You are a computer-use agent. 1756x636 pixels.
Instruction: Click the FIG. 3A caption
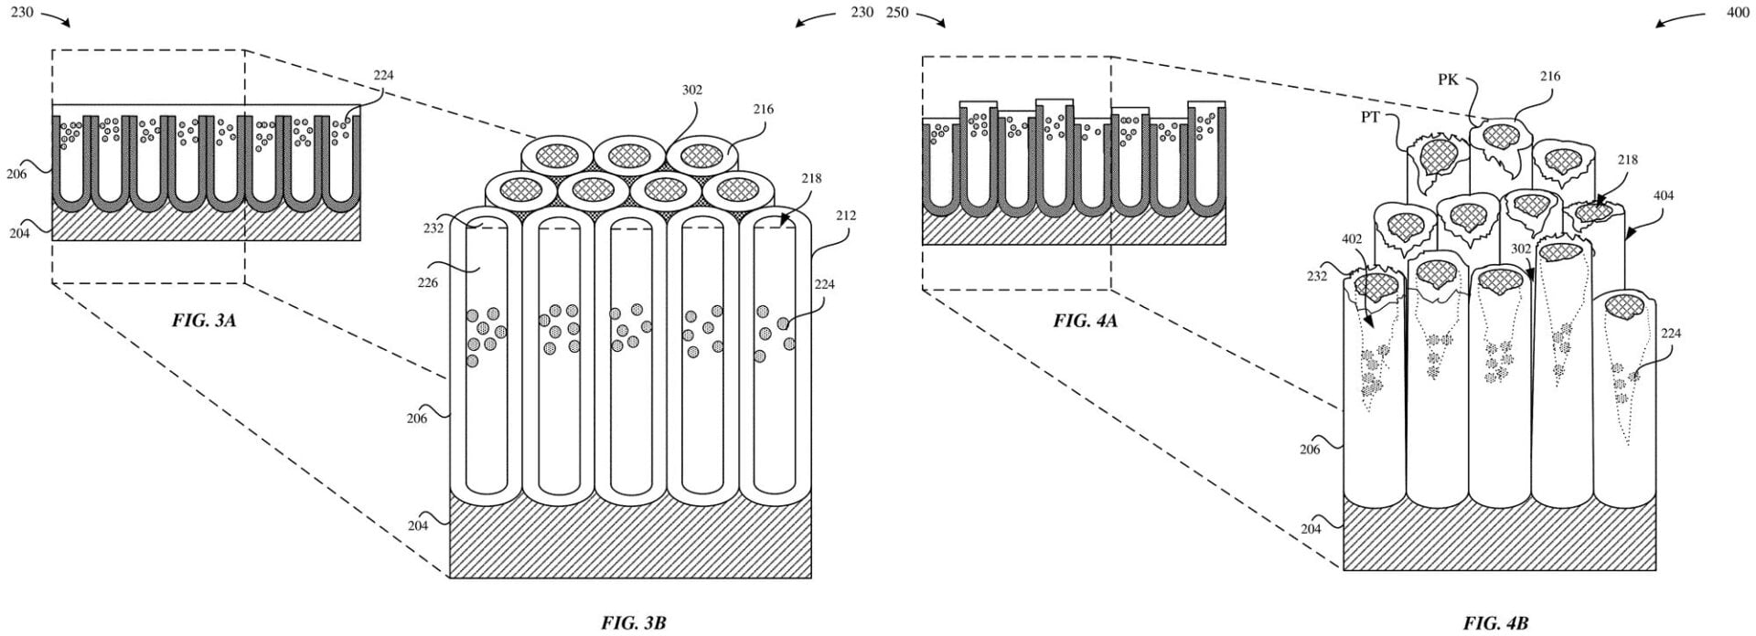click(204, 321)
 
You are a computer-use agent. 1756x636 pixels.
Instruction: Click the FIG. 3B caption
click(633, 623)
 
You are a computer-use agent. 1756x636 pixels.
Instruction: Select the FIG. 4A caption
click(1085, 321)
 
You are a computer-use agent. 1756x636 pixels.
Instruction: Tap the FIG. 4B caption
click(1495, 623)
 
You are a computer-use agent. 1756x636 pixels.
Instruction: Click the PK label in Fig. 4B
click(1447, 80)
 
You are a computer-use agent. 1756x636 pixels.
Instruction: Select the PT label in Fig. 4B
click(1370, 117)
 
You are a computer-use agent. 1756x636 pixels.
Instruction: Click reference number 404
click(1664, 196)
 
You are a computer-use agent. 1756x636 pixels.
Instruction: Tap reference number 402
click(1352, 239)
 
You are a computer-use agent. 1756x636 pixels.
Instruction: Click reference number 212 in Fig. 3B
click(845, 216)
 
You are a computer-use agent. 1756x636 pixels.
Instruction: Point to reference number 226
click(427, 282)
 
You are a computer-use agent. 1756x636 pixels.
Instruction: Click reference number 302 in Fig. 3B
click(692, 90)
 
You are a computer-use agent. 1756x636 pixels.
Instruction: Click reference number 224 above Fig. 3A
click(383, 75)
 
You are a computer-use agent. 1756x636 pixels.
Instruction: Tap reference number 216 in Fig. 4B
click(1549, 77)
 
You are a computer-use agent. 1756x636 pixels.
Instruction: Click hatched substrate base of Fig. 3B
click(630, 539)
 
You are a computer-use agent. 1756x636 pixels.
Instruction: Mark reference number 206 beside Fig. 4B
click(1310, 449)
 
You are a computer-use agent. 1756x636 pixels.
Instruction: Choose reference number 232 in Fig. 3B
click(434, 228)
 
